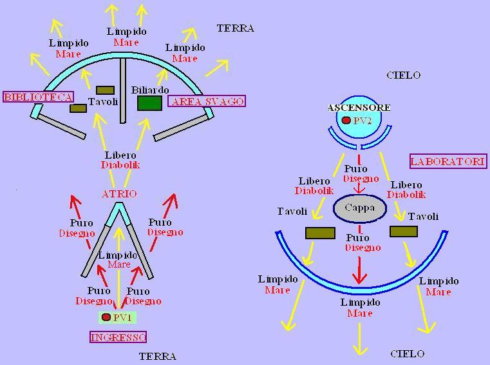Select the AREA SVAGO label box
coord(207,101)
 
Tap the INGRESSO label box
coord(118,337)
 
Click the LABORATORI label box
coord(448,161)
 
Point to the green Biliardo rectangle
coord(149,103)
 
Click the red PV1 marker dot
coord(106,317)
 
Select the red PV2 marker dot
coord(346,121)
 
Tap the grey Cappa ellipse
coord(359,208)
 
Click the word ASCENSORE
coord(359,107)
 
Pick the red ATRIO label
coord(119,193)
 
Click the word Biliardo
coord(150,90)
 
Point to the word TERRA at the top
coord(236,28)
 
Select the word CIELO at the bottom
coord(408,353)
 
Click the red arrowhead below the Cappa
coord(359,279)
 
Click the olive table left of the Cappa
coord(320,233)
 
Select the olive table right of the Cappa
coord(404,231)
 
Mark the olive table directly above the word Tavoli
coord(105,90)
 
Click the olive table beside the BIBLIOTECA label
coord(79,108)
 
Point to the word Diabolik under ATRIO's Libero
coord(120,165)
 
